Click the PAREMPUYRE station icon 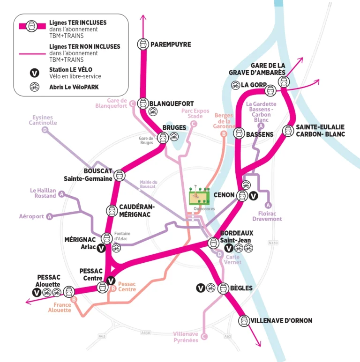pos(142,44)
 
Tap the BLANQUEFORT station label pos(171,103)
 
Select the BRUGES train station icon pos(163,137)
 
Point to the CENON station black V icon pos(254,196)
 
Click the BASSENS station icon pos(239,134)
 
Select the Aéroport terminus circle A pos(50,216)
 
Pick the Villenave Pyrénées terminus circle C pos(204,336)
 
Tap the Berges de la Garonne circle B pos(224,134)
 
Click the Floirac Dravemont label pos(267,216)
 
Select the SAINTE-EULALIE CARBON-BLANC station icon pos(288,130)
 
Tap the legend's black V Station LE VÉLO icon pos(34,73)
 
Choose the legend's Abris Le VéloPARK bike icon pos(34,87)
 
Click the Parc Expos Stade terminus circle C pos(193,124)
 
